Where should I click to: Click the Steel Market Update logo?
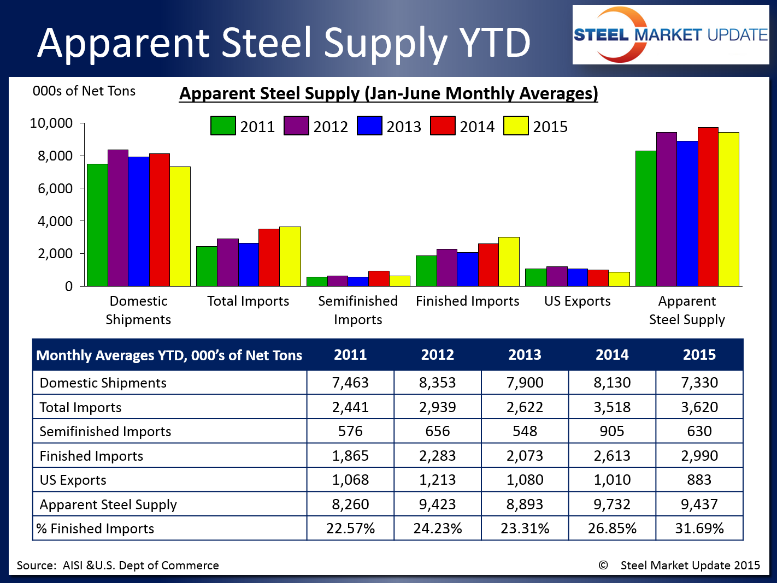coord(670,35)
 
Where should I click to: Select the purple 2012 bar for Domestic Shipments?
coord(118,218)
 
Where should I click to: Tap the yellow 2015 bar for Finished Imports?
coord(509,261)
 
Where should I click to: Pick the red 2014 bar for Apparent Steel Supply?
coord(708,207)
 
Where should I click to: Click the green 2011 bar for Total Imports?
coord(207,266)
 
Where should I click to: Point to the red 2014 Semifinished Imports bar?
coord(379,278)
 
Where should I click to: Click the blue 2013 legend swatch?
coord(369,126)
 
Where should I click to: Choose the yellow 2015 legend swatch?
coord(516,126)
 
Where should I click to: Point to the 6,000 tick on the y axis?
coord(55,188)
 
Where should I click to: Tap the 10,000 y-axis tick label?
coord(51,123)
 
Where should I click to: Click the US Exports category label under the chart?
coord(577,301)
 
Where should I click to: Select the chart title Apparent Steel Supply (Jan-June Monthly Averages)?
coord(388,93)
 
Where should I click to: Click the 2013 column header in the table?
coord(525,355)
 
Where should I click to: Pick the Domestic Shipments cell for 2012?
coord(437,383)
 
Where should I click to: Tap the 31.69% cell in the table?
coord(699,528)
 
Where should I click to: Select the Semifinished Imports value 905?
coord(611,431)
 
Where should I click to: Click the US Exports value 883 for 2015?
coord(699,480)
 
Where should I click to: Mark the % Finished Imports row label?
coord(96,528)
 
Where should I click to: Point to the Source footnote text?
coord(117,566)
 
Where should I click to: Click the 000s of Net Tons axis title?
coord(84,91)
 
